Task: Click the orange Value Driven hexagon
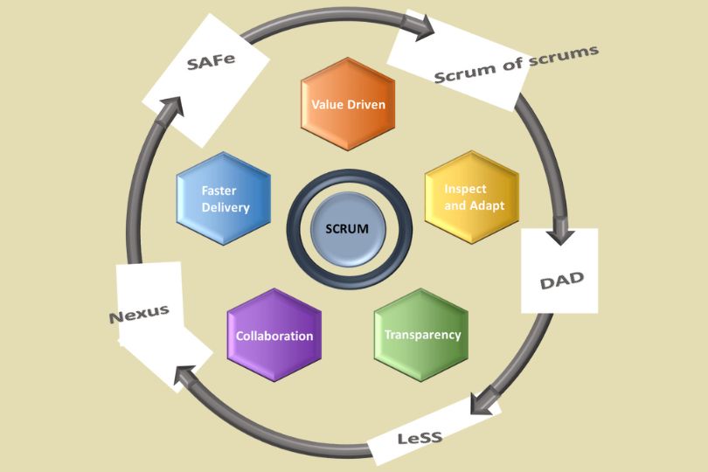pyautogui.click(x=348, y=104)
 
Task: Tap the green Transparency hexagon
pyautogui.click(x=421, y=335)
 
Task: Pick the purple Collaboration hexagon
pyautogui.click(x=274, y=336)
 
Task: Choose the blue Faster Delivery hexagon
pyautogui.click(x=224, y=198)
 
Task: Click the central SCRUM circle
pyautogui.click(x=348, y=229)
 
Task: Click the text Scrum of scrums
pyautogui.click(x=517, y=63)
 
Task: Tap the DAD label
pyautogui.click(x=560, y=281)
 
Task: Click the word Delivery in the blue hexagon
pyautogui.click(x=226, y=207)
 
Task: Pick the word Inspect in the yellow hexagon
pyautogui.click(x=465, y=189)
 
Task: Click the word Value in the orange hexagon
pyautogui.click(x=327, y=104)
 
